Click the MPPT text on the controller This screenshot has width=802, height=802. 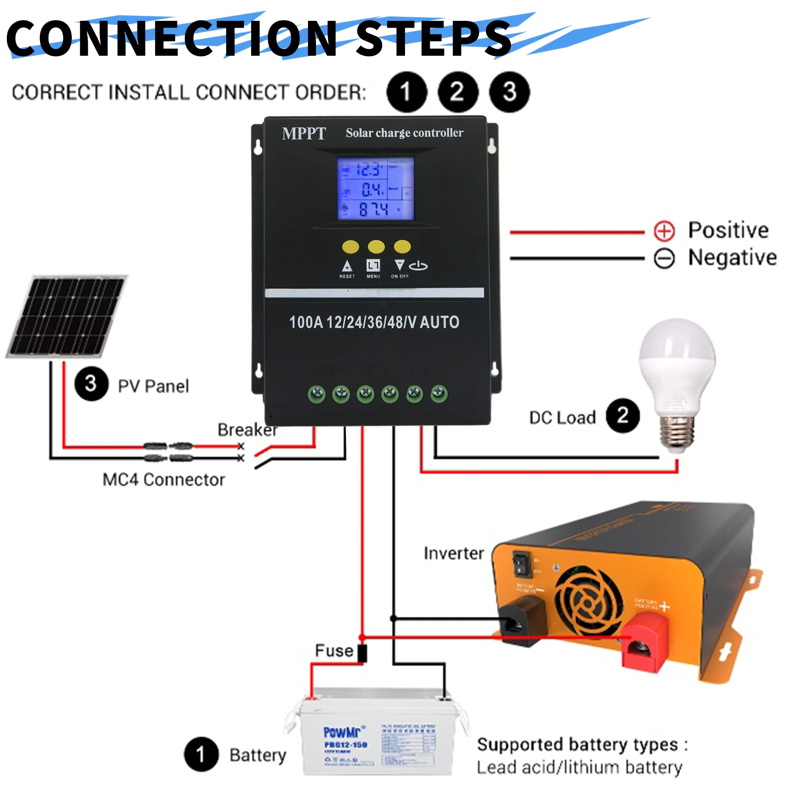304,134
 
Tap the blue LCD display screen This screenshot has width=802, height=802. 375,188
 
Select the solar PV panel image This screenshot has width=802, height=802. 67,316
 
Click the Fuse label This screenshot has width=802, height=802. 334,650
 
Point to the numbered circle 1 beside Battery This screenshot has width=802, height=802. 201,754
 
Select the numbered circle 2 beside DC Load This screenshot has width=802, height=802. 623,415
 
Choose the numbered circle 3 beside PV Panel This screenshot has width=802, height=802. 91,384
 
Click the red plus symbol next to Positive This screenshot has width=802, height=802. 664,231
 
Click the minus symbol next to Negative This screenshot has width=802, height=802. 664,259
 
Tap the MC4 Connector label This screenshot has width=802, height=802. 164,480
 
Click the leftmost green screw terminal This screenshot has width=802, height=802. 317,393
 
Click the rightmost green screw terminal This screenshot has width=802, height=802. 439,393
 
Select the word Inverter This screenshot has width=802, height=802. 454,553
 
